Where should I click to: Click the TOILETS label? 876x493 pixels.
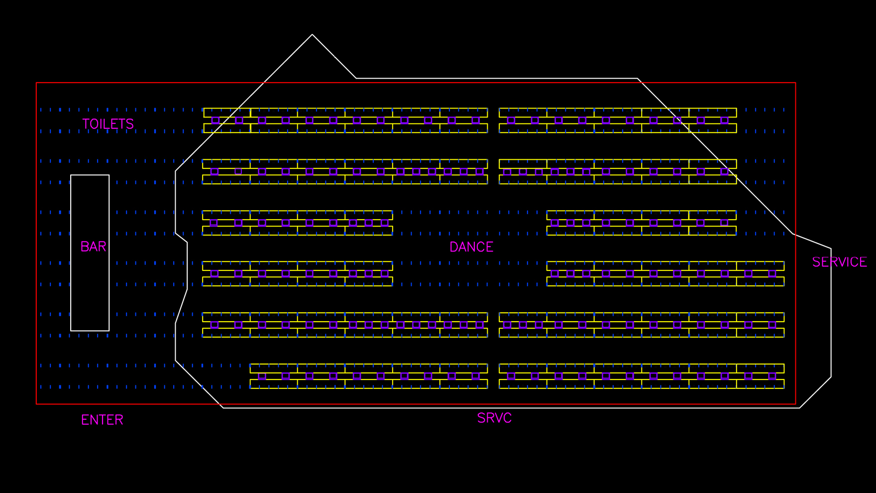[108, 124]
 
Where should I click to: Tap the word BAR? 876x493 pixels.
[94, 247]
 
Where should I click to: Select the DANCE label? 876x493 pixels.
[471, 247]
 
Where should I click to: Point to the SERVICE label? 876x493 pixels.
[840, 262]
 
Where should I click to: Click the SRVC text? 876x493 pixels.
[494, 418]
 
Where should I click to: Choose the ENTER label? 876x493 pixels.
[102, 420]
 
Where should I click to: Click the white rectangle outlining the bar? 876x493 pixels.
[71, 253]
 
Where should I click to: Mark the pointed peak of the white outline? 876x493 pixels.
[312, 34]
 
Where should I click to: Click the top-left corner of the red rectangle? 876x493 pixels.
[36, 83]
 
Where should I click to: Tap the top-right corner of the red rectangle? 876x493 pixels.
[795, 83]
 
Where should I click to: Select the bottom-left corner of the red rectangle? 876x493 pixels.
[36, 404]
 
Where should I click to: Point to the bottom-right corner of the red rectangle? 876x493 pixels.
[795, 404]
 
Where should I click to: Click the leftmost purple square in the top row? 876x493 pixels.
[216, 120]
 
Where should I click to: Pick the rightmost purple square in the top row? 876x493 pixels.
[725, 120]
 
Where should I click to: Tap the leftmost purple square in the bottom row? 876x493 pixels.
[262, 376]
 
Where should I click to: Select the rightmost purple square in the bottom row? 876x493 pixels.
[772, 376]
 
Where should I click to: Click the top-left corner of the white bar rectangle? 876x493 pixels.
[71, 175]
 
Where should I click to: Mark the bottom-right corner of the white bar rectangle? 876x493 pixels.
[109, 331]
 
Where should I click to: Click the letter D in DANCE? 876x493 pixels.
[453, 247]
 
